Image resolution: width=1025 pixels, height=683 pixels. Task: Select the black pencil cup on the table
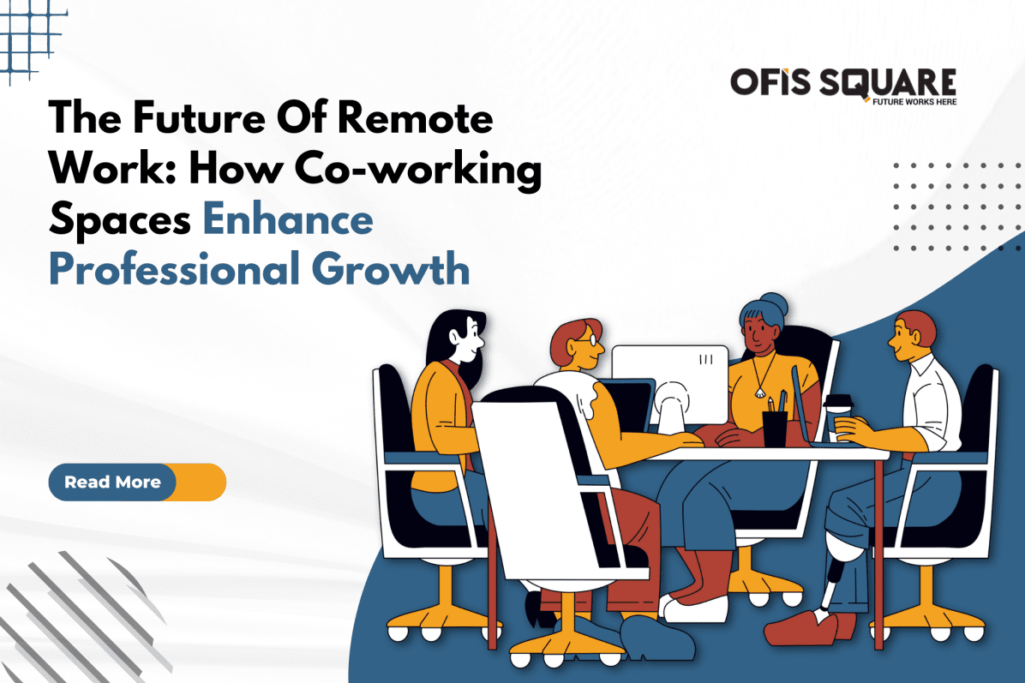pos(774,426)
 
